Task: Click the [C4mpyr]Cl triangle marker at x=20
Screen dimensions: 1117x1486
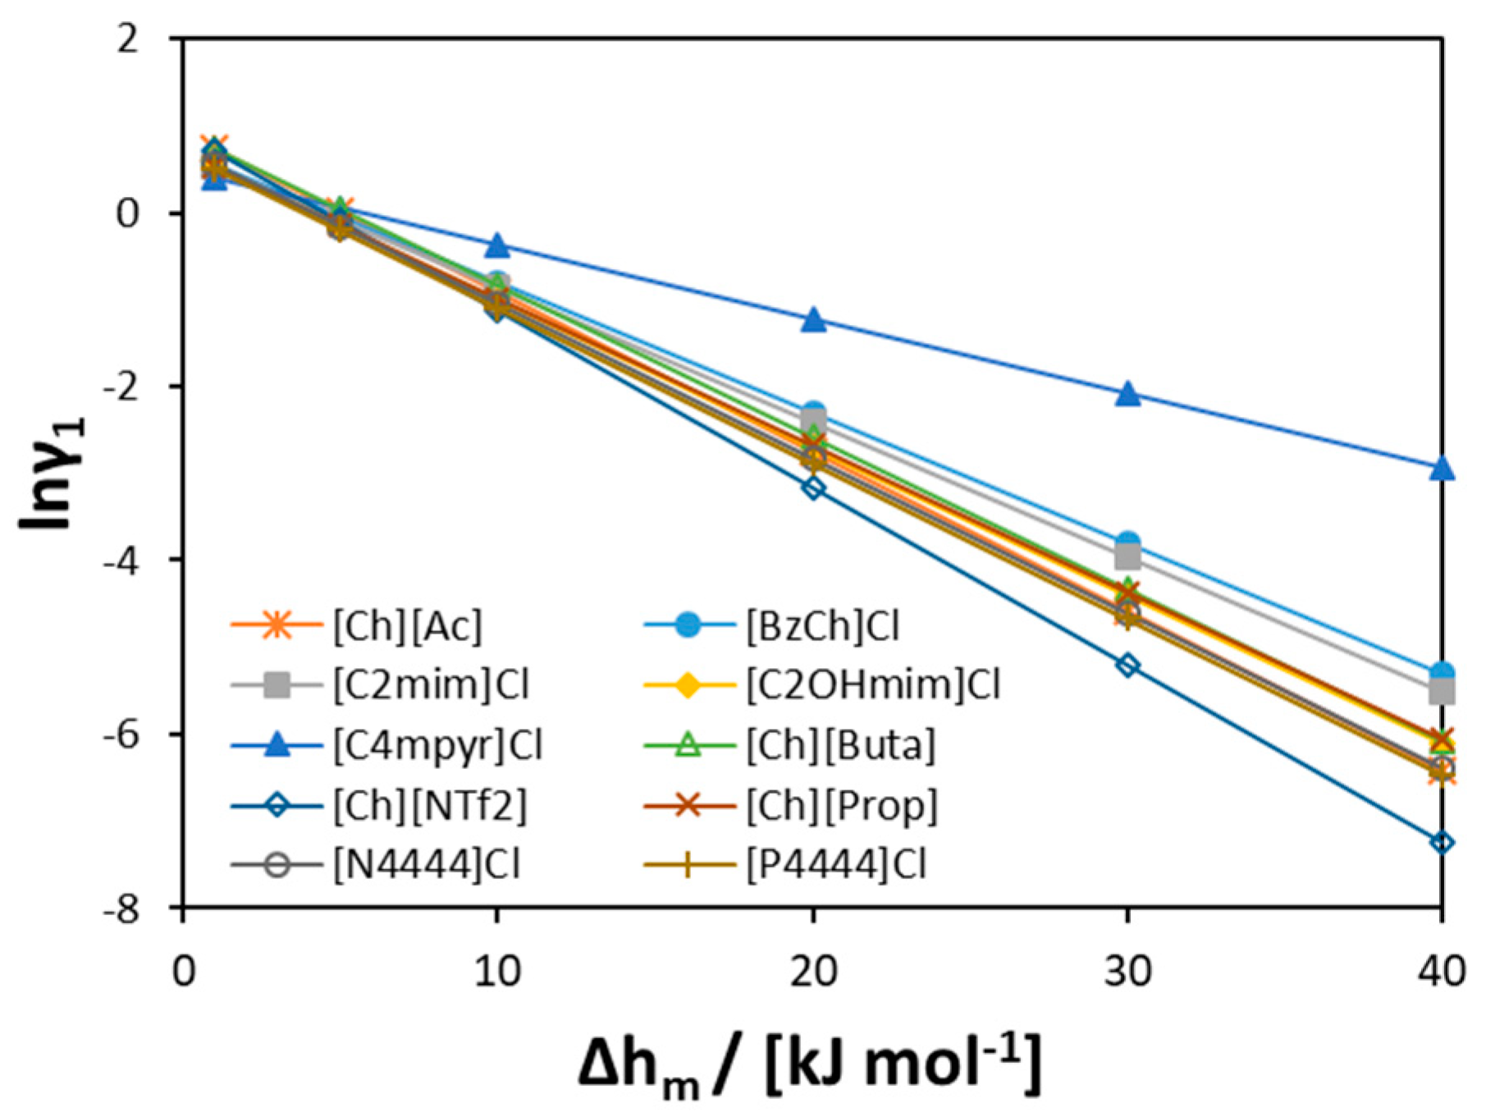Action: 813,320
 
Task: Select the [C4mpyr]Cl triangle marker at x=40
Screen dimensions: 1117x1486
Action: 1442,469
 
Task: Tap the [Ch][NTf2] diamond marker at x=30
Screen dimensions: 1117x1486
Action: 1128,665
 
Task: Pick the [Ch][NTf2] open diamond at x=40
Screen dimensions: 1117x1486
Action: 1442,842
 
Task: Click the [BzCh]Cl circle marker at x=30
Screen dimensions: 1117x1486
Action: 1128,542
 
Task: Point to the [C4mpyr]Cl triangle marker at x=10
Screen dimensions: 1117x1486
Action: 497,245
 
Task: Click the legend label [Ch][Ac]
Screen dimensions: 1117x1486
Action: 408,627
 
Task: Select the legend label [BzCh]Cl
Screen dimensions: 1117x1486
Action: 822,627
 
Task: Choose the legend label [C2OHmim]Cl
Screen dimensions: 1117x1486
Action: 873,685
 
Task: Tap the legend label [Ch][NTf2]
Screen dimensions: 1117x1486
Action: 430,805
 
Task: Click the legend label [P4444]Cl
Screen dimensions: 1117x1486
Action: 836,865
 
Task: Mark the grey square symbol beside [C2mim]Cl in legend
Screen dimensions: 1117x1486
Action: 277,685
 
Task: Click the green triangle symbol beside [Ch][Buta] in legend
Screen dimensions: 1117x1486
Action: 689,745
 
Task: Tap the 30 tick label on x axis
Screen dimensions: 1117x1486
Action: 1128,972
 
